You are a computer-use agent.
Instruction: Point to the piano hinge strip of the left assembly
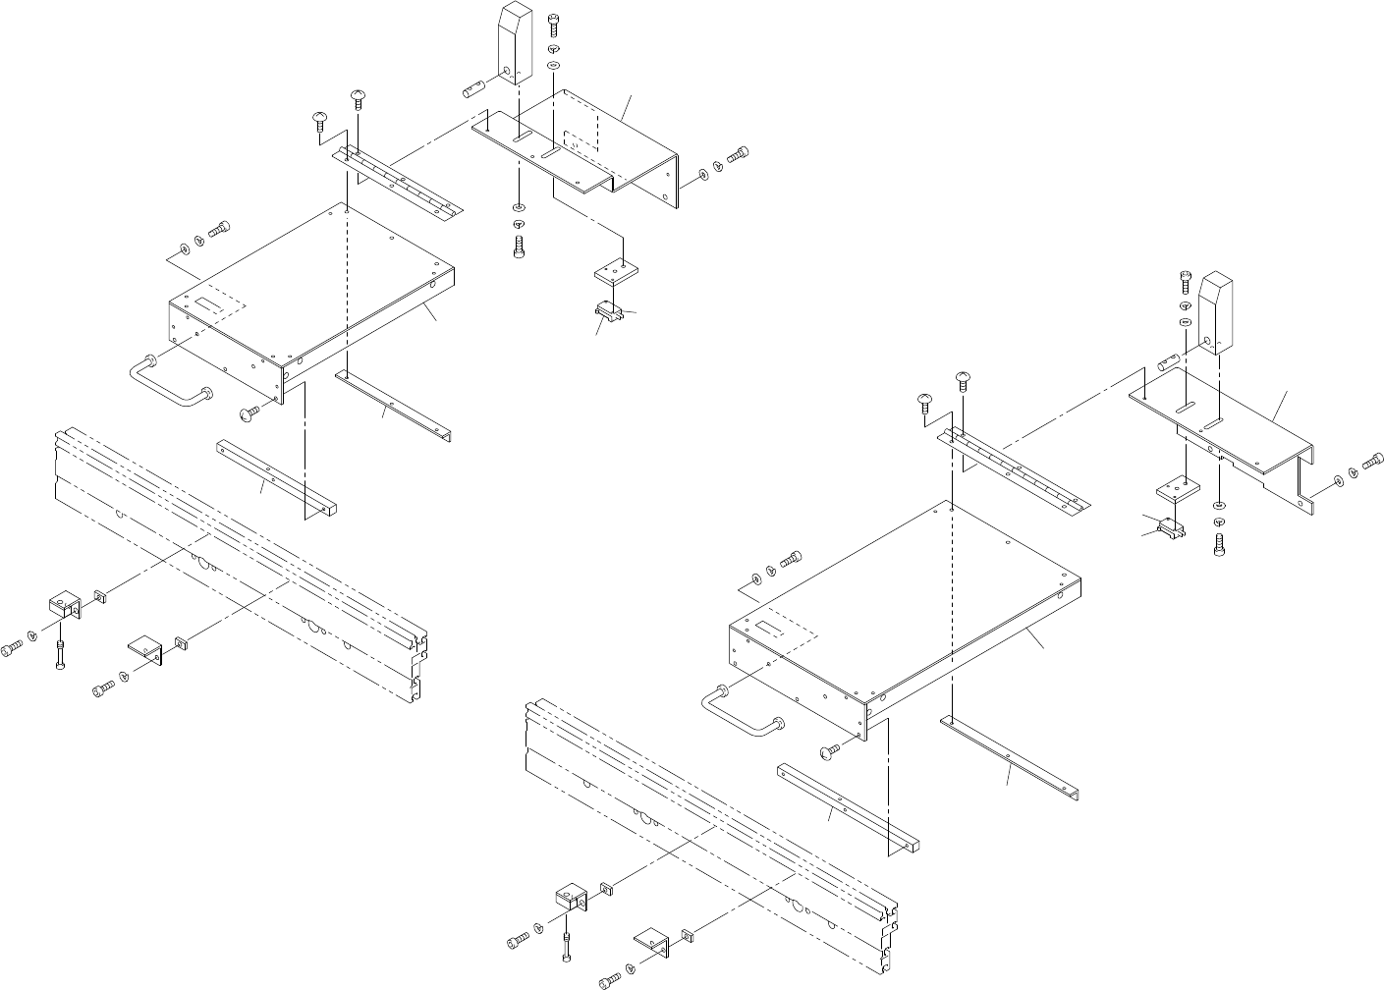coord(398,183)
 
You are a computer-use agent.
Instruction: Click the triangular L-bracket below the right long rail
coord(653,940)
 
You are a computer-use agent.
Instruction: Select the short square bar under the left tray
coord(275,477)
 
